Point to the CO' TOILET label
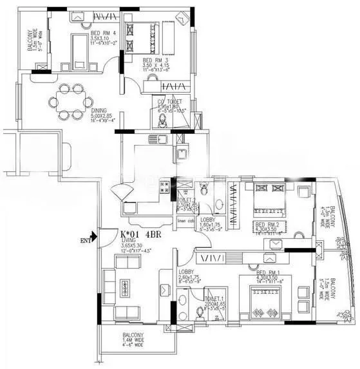[x=171, y=102]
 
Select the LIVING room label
[x=130, y=245]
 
